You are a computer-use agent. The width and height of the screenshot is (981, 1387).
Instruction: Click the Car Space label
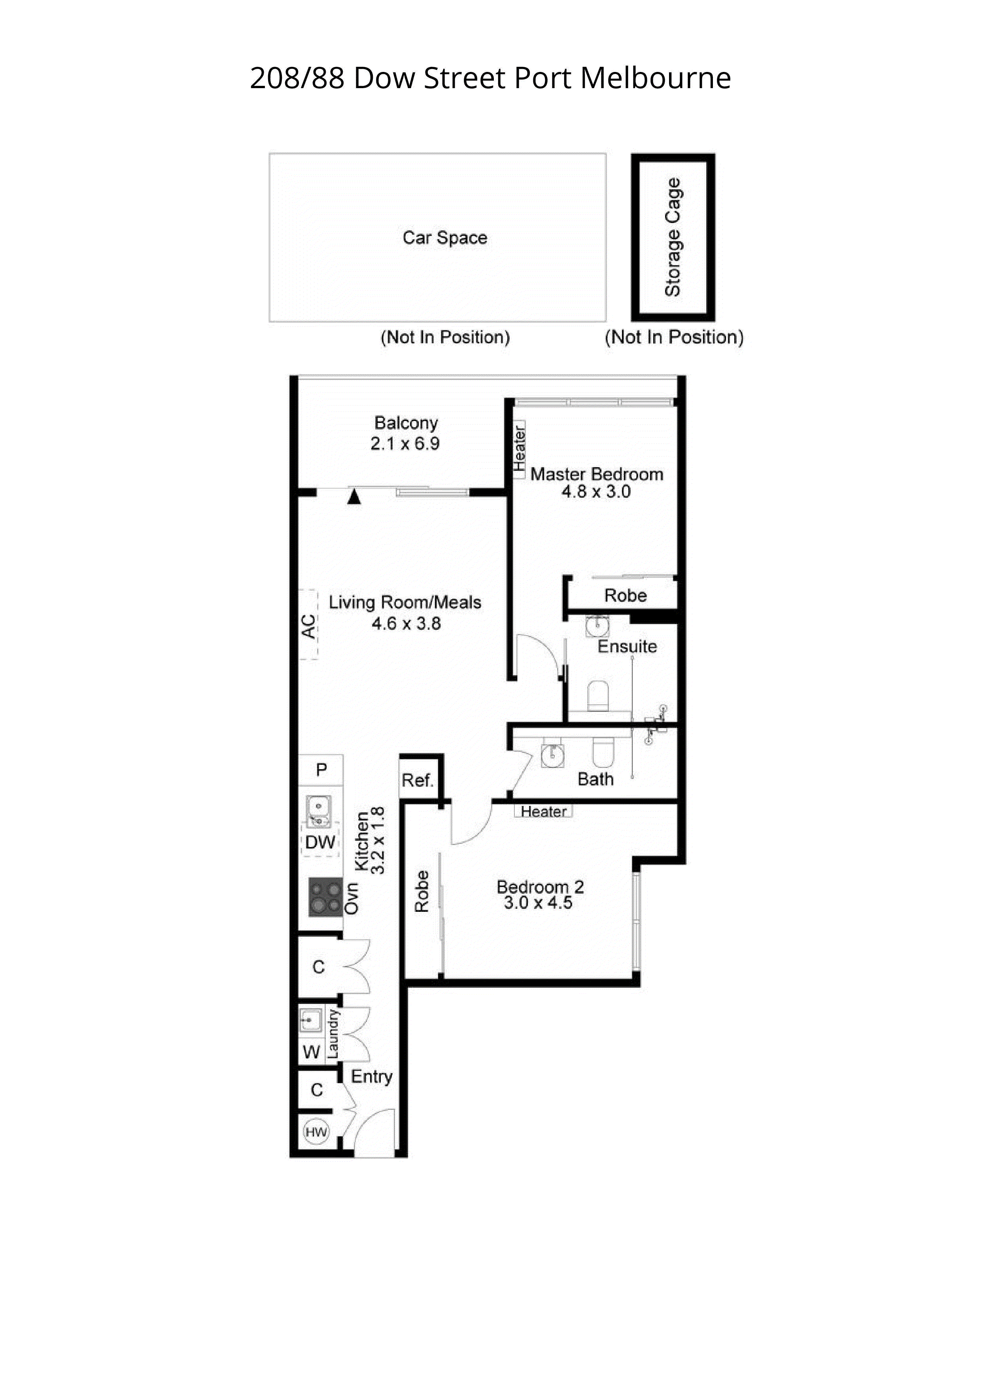(x=445, y=238)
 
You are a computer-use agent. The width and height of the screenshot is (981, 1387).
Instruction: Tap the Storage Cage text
(x=673, y=238)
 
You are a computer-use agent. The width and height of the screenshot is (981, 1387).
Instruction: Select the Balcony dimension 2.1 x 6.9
(x=405, y=444)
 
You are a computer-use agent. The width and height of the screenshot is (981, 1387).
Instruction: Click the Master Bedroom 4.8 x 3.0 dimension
(x=596, y=492)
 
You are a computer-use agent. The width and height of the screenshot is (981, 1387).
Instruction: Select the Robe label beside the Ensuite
(x=625, y=596)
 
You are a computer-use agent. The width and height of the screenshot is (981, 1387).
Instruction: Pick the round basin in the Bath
(x=552, y=753)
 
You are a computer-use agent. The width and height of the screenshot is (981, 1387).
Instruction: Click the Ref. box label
(x=418, y=781)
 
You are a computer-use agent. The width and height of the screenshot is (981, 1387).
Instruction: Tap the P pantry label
(x=321, y=770)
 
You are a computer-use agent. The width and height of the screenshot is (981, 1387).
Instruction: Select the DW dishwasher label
(x=320, y=842)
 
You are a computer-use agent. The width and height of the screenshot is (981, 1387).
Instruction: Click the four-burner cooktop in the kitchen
(x=325, y=897)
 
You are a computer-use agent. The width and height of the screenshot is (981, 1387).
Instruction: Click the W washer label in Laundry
(x=311, y=1052)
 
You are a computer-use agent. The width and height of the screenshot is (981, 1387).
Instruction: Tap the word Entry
(x=371, y=1076)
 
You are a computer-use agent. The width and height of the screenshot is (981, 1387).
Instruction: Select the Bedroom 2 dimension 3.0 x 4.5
(x=538, y=903)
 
